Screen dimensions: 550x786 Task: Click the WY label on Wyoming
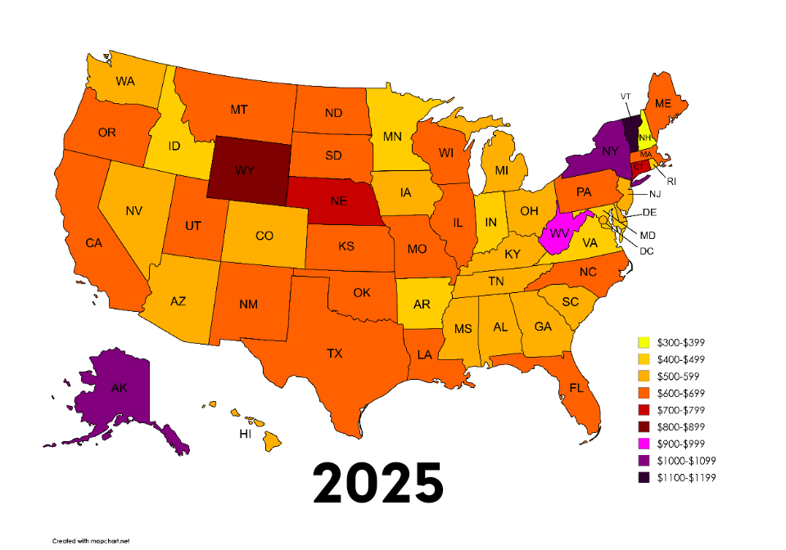(244, 170)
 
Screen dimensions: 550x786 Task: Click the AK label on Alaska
(119, 390)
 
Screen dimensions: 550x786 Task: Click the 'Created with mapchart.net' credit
(88, 541)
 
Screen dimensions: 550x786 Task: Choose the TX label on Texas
(334, 354)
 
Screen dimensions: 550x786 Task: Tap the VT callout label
(626, 97)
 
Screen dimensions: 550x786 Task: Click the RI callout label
(671, 181)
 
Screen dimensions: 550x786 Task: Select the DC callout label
(646, 250)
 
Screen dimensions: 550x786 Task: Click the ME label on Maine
(663, 103)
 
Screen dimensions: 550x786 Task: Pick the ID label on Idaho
(174, 146)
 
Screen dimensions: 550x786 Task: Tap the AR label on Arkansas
(422, 304)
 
